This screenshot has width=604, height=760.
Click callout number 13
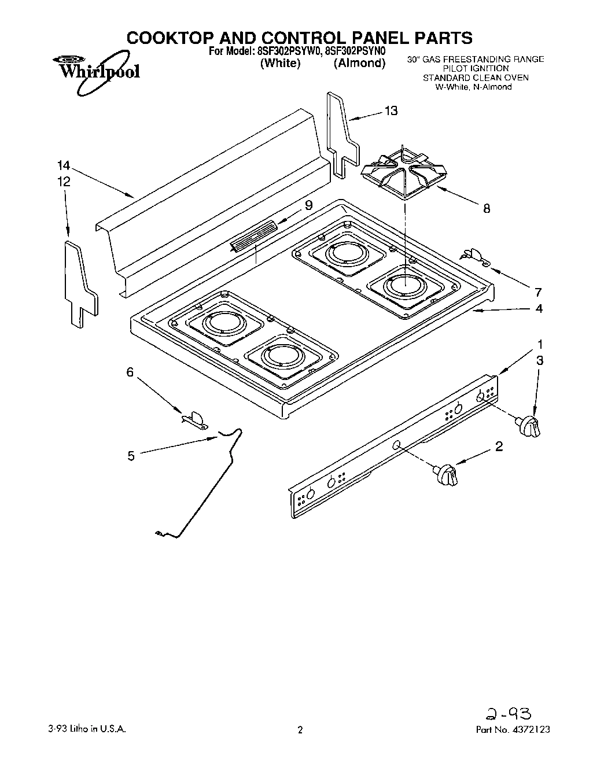[x=391, y=111]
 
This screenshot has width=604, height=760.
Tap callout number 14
[x=64, y=165]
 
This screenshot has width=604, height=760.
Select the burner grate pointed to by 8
[x=405, y=171]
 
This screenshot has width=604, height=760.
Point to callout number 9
[x=308, y=205]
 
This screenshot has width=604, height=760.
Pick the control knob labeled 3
[x=531, y=425]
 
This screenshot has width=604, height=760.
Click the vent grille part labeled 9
[x=252, y=236]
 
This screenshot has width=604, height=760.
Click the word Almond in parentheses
[x=359, y=64]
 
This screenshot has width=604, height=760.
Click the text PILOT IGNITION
[x=475, y=68]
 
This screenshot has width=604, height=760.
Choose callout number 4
[x=539, y=308]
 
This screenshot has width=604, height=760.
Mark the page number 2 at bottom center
[x=300, y=730]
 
